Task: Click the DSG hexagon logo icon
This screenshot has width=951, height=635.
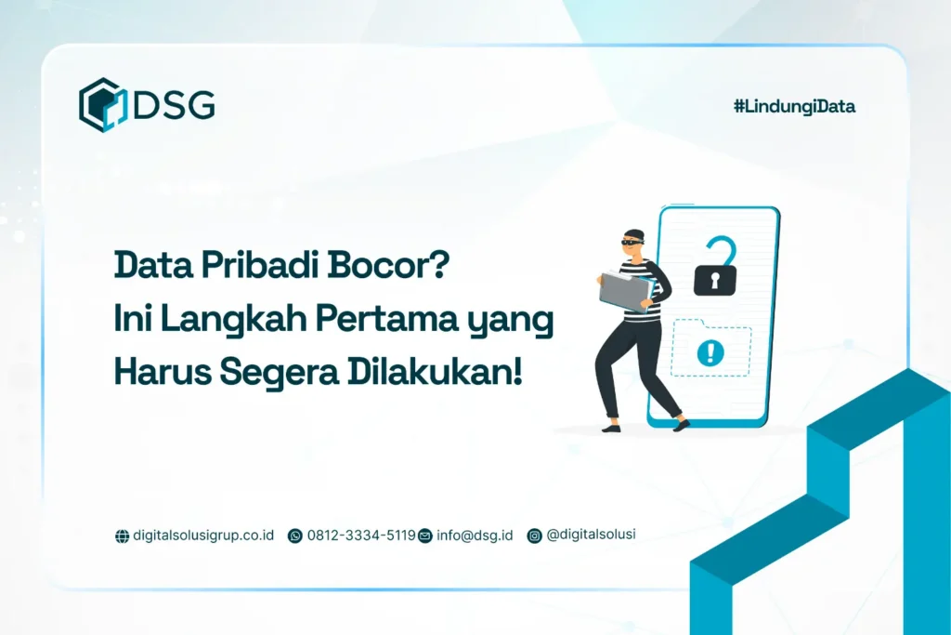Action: [x=102, y=104]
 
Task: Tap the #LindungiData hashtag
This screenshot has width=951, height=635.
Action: [x=794, y=106]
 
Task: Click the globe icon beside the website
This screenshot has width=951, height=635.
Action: [x=122, y=536]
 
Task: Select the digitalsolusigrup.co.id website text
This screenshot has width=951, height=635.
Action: [x=203, y=536]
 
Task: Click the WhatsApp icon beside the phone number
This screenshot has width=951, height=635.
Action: [x=295, y=536]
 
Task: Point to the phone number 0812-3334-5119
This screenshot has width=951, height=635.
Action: [x=360, y=536]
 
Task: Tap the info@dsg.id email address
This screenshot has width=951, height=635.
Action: [x=474, y=536]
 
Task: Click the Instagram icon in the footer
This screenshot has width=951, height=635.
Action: [x=534, y=536]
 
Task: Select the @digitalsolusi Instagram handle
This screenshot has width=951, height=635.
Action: [x=591, y=535]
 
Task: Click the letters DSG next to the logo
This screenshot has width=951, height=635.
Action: [x=174, y=105]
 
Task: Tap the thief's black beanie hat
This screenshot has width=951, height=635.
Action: [x=632, y=231]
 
